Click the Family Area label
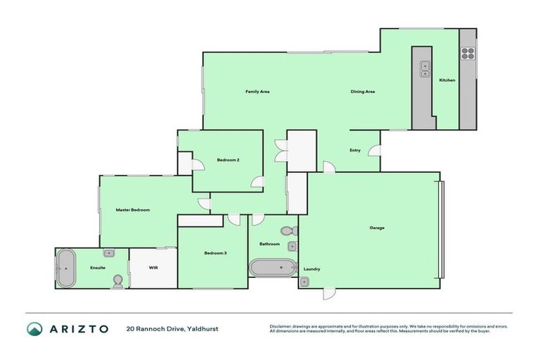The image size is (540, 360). click(x=257, y=92)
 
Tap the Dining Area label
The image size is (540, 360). click(x=363, y=92)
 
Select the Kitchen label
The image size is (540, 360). click(x=447, y=80)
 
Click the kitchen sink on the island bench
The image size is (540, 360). click(x=425, y=68)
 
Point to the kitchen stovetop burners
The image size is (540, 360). click(x=468, y=53)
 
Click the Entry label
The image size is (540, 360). click(x=355, y=150)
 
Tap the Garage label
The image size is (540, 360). click(x=377, y=228)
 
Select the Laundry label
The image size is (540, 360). click(x=312, y=269)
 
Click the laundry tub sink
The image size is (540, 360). click(x=304, y=281)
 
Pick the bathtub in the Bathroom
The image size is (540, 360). click(x=273, y=267)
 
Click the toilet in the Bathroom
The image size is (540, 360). click(x=287, y=230)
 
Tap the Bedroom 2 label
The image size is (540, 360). click(x=229, y=160)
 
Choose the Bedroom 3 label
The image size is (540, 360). click(x=215, y=253)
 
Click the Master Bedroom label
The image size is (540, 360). click(x=133, y=210)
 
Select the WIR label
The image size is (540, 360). click(x=153, y=268)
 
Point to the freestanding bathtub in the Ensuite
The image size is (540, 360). click(x=66, y=268)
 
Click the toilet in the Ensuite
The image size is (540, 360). click(x=117, y=282)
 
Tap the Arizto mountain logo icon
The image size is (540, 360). click(x=34, y=328)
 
